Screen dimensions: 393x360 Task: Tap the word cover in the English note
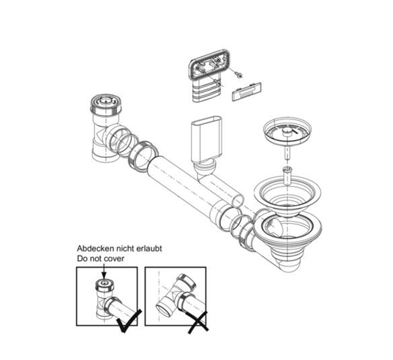(x=114, y=258)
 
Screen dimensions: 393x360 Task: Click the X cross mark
(x=198, y=322)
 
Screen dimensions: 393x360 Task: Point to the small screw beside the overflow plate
(x=238, y=75)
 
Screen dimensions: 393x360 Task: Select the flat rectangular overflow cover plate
(x=247, y=91)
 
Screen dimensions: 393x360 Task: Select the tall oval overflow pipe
(x=206, y=140)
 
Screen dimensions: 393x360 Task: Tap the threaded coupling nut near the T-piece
(x=144, y=156)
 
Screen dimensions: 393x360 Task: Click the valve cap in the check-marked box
(x=105, y=285)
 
